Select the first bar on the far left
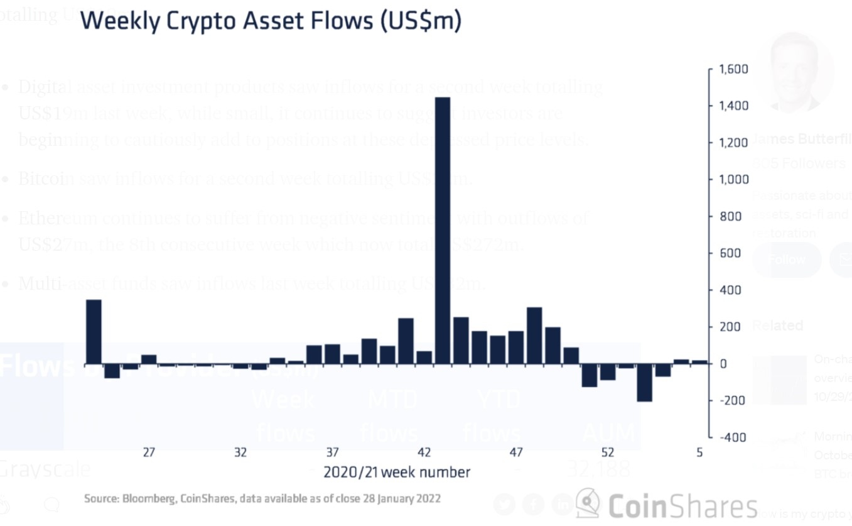[94, 331]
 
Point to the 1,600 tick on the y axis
[733, 69]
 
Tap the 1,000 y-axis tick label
[733, 180]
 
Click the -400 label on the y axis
[733, 437]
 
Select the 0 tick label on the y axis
[723, 364]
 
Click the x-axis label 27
[149, 452]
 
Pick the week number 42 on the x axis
[424, 452]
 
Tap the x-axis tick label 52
[607, 452]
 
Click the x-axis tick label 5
[699, 452]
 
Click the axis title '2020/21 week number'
[396, 472]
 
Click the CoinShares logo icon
[588, 503]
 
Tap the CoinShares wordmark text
[682, 507]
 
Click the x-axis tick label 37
[332, 452]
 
